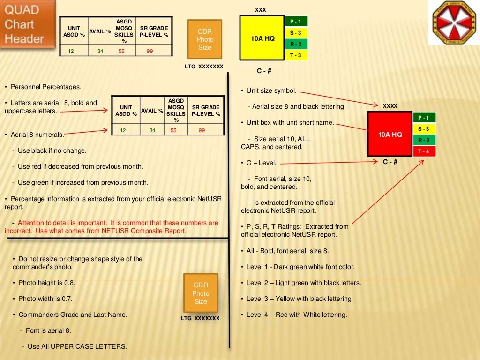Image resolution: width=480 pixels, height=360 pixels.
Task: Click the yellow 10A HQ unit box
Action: (262, 38)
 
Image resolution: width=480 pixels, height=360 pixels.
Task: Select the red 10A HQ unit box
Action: (390, 134)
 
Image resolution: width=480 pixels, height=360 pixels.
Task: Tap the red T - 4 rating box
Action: (424, 151)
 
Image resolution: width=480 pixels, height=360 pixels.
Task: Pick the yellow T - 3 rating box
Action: (296, 55)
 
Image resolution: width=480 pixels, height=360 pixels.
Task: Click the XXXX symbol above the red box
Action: (390, 106)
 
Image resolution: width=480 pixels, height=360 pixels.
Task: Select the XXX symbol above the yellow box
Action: (260, 10)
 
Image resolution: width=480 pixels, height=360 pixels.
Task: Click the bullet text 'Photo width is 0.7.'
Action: (45, 299)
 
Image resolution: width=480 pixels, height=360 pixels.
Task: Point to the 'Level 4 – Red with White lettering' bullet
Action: (297, 315)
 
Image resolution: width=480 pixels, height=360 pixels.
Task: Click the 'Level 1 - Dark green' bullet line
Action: (300, 267)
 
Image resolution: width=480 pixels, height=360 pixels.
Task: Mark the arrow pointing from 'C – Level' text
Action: (328, 162)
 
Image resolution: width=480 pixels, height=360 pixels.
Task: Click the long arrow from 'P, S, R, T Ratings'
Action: (387, 192)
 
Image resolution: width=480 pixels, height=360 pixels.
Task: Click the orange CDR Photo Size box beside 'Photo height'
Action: (201, 293)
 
